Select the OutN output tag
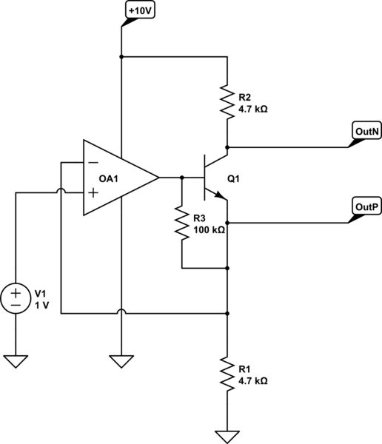point(366,132)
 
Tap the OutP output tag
point(366,207)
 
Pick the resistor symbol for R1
point(227,374)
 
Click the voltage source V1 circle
point(15,297)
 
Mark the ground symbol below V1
point(15,361)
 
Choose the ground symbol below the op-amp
point(121,361)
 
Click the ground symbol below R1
point(227,436)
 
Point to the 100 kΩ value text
point(209,230)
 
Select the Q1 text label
point(234,180)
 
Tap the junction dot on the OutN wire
point(227,147)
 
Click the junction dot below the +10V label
point(121,56)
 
